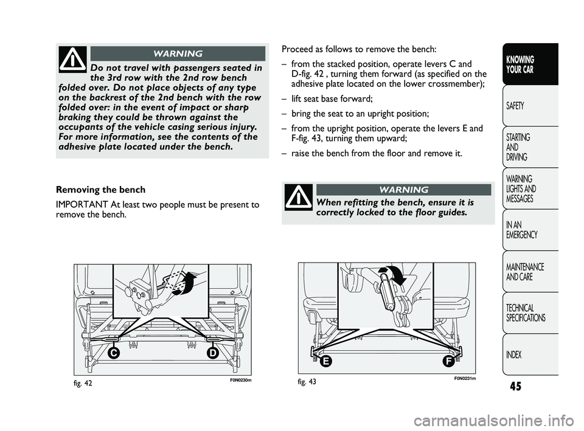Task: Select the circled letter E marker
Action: click(327, 360)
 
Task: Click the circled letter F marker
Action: click(448, 360)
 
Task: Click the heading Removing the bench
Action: click(98, 190)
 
